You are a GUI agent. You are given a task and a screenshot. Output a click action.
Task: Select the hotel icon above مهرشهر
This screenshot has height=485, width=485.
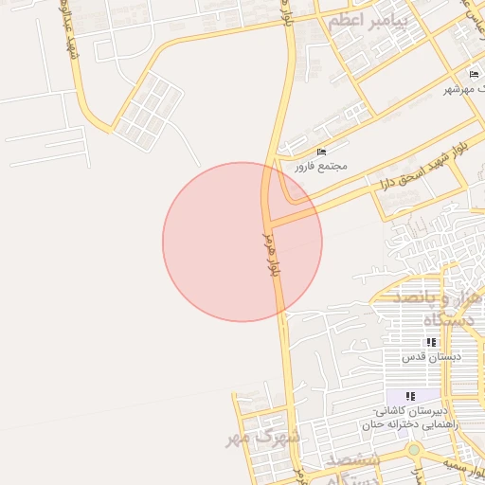click(474, 74)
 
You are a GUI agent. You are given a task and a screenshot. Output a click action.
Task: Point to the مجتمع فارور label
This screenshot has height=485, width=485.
click(320, 166)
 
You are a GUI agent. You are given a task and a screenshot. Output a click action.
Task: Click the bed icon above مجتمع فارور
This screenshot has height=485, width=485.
click(322, 152)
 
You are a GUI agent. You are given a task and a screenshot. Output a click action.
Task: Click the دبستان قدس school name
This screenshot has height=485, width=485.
click(430, 356)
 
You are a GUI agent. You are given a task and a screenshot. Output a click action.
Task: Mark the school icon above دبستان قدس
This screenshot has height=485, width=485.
click(430, 342)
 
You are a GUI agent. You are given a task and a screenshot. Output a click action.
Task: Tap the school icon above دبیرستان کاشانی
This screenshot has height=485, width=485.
click(410, 396)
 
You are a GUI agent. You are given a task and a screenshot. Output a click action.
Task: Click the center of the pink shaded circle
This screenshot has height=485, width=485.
click(242, 242)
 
